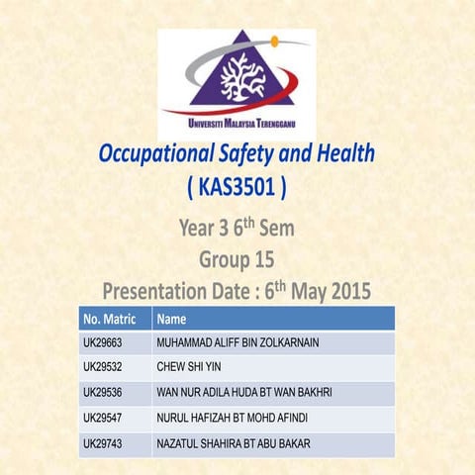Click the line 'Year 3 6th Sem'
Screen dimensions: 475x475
[237, 231]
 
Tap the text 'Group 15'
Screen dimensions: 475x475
[237, 261]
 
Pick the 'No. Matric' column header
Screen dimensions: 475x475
[110, 320]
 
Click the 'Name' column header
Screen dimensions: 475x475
[172, 320]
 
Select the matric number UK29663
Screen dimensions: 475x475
[103, 343]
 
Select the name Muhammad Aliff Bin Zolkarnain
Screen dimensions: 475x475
[237, 343]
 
